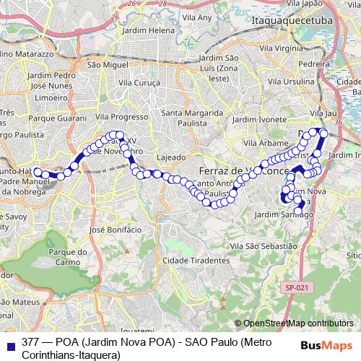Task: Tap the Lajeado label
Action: pyautogui.click(x=172, y=156)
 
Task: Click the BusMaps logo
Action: pyautogui.click(x=329, y=345)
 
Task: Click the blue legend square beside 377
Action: pyautogui.click(x=9, y=341)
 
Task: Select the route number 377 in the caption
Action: pyautogui.click(x=31, y=341)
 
